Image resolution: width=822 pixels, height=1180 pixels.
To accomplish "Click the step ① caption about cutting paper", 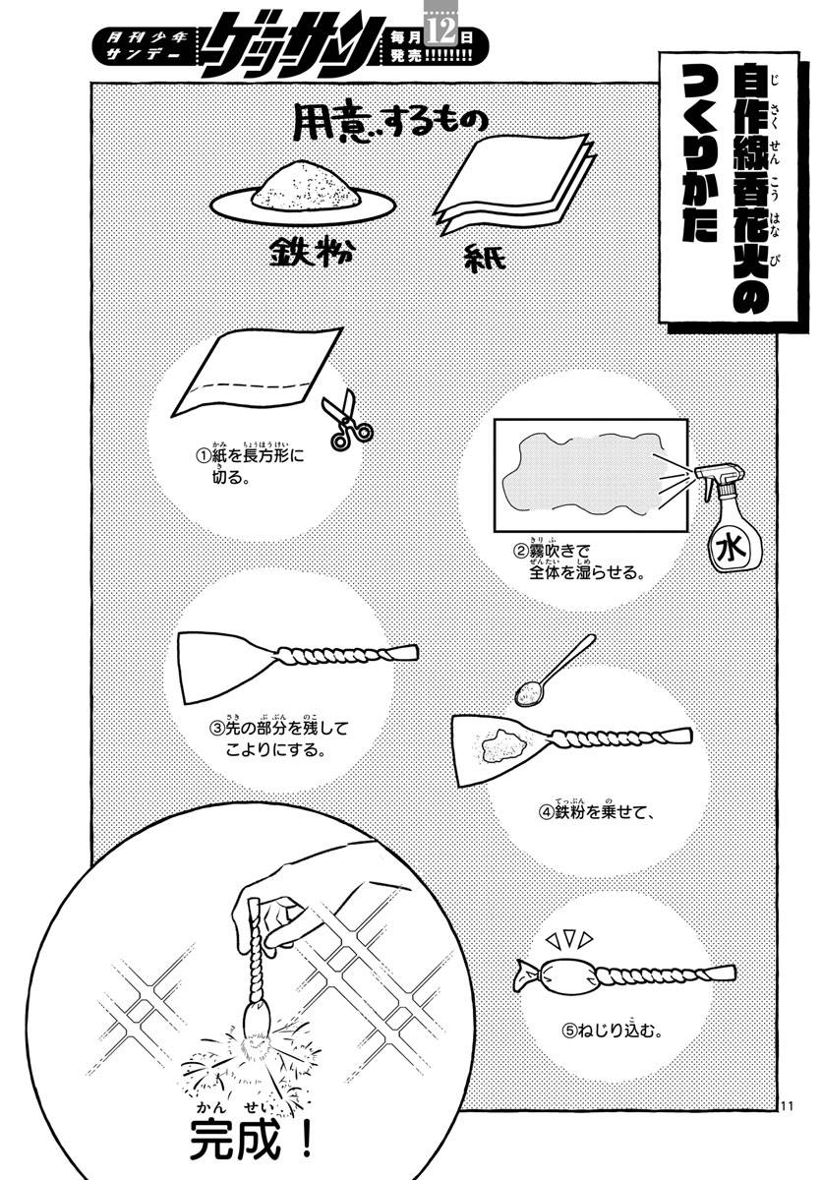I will click(250, 468).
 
